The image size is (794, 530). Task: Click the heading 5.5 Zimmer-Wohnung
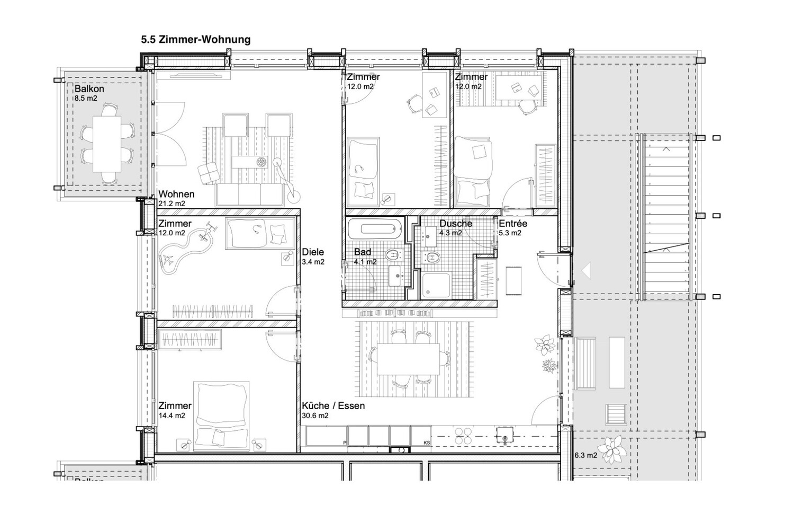[196, 39]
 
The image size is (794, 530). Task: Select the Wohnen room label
[176, 194]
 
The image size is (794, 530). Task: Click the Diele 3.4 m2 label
[313, 257]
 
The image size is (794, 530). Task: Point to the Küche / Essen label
[333, 406]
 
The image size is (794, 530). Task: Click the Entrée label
[513, 224]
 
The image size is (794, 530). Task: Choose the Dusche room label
[456, 224]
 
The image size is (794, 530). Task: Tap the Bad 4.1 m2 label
[365, 257]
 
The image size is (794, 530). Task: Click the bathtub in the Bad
[375, 228]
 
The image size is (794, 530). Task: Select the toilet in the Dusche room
[431, 257]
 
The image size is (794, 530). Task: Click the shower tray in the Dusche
[436, 286]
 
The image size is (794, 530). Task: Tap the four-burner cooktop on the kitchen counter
[463, 436]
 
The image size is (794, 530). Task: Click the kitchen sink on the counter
[505, 435]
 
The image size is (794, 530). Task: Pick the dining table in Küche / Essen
[408, 359]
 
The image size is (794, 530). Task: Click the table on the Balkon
[107, 144]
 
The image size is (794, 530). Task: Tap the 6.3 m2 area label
[585, 455]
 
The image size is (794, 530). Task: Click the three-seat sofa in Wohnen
[249, 194]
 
